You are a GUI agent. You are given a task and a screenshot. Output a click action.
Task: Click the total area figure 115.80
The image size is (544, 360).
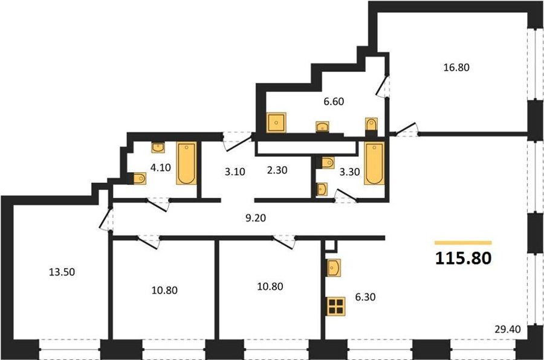(x=463, y=258)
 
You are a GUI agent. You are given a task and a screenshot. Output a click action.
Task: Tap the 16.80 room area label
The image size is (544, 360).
(x=456, y=67)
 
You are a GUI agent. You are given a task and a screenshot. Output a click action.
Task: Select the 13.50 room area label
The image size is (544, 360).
(x=62, y=272)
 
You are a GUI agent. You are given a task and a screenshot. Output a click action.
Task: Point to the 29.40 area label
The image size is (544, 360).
(x=508, y=329)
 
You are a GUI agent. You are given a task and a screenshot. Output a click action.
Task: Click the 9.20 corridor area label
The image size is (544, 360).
(x=255, y=218)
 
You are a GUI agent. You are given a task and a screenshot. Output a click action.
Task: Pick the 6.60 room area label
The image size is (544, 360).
(x=334, y=101)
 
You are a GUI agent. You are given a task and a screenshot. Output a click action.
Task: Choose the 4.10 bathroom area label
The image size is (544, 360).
(x=160, y=168)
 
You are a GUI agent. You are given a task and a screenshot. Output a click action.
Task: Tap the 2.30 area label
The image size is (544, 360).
(x=277, y=170)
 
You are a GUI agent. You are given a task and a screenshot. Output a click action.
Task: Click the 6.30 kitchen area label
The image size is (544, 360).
(x=365, y=297)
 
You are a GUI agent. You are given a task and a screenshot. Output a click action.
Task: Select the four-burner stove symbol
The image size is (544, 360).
(x=336, y=306)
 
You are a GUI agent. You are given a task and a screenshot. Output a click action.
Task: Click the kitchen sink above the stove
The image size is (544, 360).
(x=334, y=268)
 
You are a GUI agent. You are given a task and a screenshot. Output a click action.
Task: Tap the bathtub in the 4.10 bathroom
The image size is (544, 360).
(x=187, y=163)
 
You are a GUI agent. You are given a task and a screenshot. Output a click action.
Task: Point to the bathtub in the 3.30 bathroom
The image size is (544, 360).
(x=374, y=163)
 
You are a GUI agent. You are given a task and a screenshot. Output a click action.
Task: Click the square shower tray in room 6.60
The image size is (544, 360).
(x=276, y=123)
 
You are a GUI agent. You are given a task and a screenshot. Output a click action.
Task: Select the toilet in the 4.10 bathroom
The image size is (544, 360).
(x=140, y=179)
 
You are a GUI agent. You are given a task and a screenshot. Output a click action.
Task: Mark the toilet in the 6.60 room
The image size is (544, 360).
(x=371, y=124)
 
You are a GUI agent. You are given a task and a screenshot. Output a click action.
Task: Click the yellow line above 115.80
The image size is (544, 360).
(x=463, y=243)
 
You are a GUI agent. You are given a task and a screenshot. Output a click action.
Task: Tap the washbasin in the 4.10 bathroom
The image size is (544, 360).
(x=158, y=148)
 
